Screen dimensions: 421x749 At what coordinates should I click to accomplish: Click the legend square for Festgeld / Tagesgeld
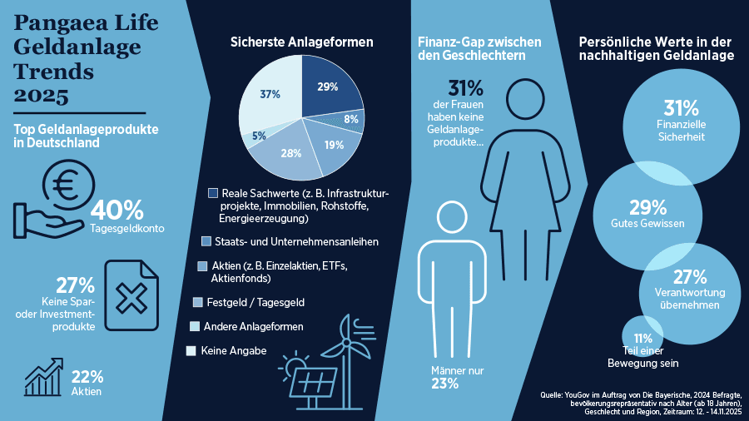tap(198, 301)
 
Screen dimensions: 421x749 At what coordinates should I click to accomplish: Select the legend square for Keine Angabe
tap(191, 351)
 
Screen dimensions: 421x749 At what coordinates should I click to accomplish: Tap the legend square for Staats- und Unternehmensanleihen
tap(206, 241)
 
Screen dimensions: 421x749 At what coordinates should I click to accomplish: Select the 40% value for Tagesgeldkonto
tap(117, 210)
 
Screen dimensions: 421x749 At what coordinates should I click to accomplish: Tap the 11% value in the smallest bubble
tap(642, 339)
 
